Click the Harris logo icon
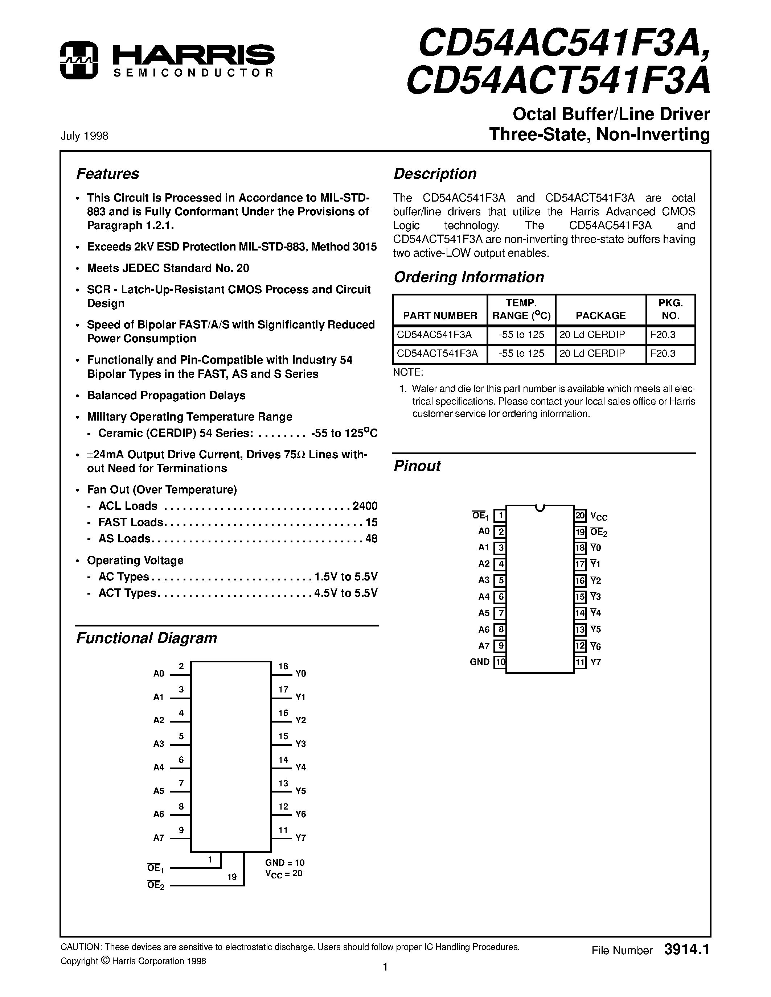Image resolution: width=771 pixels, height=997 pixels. tap(79, 60)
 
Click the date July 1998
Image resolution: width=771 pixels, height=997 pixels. tap(85, 136)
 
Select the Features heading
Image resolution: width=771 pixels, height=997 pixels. tap(107, 174)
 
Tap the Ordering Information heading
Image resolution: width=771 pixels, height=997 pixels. tap(469, 277)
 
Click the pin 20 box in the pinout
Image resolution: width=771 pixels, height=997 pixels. tap(580, 516)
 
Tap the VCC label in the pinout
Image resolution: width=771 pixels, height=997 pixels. tap(599, 516)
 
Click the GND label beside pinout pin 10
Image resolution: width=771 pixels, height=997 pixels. tap(480, 662)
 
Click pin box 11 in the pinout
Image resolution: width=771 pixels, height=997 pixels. tap(580, 662)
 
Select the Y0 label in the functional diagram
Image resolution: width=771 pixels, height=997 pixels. tap(300, 673)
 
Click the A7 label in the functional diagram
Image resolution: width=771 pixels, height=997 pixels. tap(159, 838)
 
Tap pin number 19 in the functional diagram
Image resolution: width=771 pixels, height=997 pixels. tap(232, 877)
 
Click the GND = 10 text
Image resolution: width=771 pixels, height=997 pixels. tap(284, 862)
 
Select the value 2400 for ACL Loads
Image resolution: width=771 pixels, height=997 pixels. tap(365, 506)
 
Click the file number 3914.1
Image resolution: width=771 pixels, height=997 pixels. tap(686, 950)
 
